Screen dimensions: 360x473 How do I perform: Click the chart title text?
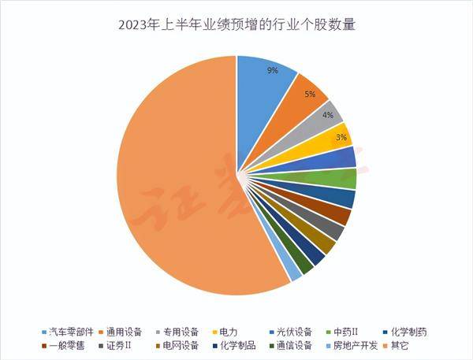[x=236, y=24]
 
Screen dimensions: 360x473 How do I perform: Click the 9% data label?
[x=273, y=71]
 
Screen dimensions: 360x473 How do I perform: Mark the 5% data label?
[x=310, y=95]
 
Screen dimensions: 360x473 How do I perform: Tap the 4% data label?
[x=327, y=115]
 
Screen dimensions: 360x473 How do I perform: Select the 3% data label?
[x=340, y=137]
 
